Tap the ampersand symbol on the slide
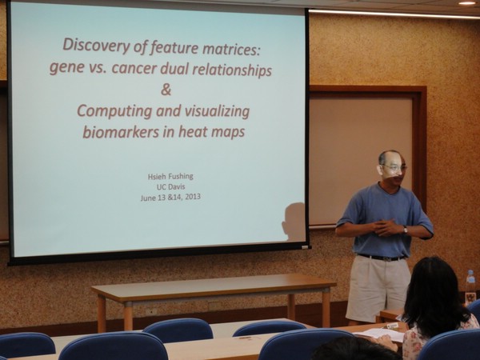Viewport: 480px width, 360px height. point(166,89)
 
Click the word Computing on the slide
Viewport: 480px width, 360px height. point(114,112)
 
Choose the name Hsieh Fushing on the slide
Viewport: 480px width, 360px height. point(170,177)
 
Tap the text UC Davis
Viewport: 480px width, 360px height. point(171,186)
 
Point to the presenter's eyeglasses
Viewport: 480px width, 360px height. point(394,168)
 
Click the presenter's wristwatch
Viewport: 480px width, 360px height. point(406,230)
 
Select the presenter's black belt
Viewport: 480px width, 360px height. point(382,258)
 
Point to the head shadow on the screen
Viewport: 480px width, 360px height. point(294,222)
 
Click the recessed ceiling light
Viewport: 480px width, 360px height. point(467,3)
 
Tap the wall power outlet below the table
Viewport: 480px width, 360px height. point(151,311)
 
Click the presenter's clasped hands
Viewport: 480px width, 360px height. point(386,227)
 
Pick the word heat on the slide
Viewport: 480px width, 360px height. point(193,132)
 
